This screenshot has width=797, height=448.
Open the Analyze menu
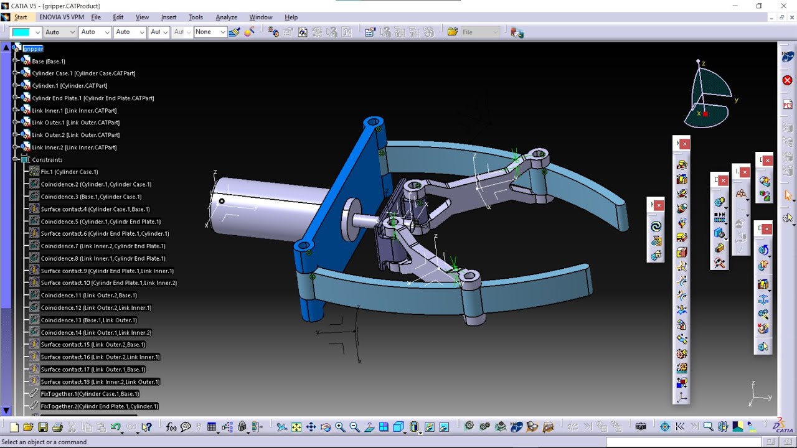tap(226, 17)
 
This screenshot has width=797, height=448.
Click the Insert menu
tap(169, 17)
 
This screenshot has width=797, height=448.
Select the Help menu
tap(291, 17)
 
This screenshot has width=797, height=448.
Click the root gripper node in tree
tap(33, 49)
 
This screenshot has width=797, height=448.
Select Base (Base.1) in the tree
tap(49, 61)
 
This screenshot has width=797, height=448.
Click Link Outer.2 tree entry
tap(75, 135)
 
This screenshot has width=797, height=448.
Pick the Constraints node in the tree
tap(47, 160)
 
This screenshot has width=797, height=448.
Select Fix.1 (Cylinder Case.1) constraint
tap(69, 172)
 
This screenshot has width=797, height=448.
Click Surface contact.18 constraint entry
tap(100, 381)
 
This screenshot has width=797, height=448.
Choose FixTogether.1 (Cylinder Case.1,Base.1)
tap(90, 394)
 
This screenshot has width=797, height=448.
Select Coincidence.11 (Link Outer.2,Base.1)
tap(88, 296)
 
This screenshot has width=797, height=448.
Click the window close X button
tap(783, 6)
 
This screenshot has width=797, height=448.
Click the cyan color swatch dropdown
tap(26, 32)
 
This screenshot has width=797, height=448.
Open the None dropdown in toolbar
tap(209, 32)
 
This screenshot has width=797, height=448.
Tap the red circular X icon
tap(787, 80)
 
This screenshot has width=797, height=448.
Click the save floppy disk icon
tap(43, 427)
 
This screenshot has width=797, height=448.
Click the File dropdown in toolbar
tap(480, 32)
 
